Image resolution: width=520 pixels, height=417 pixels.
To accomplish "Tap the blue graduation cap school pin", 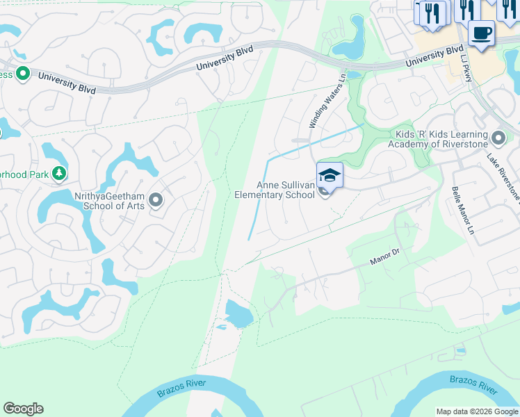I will click(330, 176).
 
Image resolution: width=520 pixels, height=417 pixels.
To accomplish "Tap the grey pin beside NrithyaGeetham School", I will click(156, 201).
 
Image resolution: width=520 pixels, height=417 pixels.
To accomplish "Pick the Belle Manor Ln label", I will click(461, 209).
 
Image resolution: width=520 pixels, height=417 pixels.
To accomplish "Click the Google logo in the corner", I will click(23, 408).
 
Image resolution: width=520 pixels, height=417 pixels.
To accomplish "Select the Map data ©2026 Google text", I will click(477, 411).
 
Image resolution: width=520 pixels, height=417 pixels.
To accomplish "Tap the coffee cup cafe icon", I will click(481, 32).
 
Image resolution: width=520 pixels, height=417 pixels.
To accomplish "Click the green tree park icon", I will click(60, 172).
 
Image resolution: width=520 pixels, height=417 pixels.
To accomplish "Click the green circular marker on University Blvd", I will click(22, 73).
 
